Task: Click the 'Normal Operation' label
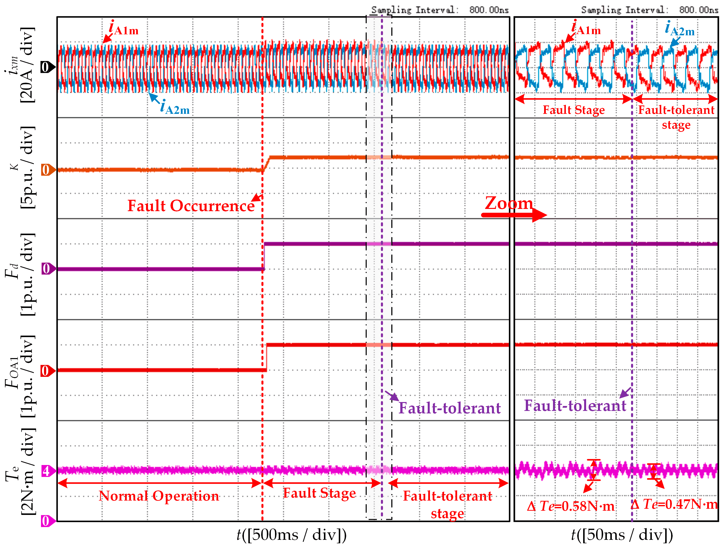159,496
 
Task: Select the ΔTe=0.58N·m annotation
571,506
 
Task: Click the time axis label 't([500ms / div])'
292,535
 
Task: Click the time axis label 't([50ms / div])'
622,535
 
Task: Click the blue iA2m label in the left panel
175,107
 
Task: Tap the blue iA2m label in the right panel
680,29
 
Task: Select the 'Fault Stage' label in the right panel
574,110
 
